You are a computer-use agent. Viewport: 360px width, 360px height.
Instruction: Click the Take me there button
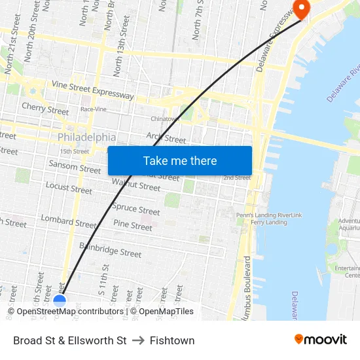click(x=179, y=161)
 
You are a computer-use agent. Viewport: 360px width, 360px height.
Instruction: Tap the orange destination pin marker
click(x=302, y=9)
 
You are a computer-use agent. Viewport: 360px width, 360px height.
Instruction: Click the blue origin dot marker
click(x=60, y=301)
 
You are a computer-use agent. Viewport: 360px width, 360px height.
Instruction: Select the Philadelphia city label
click(x=86, y=137)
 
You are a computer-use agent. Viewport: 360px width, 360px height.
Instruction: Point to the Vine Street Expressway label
click(x=92, y=91)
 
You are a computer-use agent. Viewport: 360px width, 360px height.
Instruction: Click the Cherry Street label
click(x=45, y=108)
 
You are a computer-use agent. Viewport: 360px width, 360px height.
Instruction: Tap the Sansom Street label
click(x=75, y=166)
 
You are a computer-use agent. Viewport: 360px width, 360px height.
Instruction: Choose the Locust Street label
click(x=69, y=188)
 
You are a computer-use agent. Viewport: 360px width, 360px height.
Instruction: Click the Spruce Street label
click(x=136, y=209)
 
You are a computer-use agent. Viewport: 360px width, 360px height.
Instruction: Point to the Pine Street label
click(x=133, y=225)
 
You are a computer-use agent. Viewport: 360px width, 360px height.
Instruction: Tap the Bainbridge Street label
click(x=110, y=249)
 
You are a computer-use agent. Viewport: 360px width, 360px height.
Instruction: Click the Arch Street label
click(x=166, y=137)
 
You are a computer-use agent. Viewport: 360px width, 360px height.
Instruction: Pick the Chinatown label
click(x=164, y=119)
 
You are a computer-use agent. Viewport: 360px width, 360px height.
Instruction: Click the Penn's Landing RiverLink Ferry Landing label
click(x=269, y=219)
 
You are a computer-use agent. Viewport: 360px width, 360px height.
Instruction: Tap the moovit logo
click(x=321, y=339)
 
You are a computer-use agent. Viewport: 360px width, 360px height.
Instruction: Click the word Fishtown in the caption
click(x=172, y=340)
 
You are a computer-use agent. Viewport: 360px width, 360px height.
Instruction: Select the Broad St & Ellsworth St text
click(x=70, y=340)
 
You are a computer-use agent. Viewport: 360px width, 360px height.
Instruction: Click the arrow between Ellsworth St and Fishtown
click(x=138, y=340)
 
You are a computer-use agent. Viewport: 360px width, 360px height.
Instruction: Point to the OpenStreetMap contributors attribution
click(x=66, y=312)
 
